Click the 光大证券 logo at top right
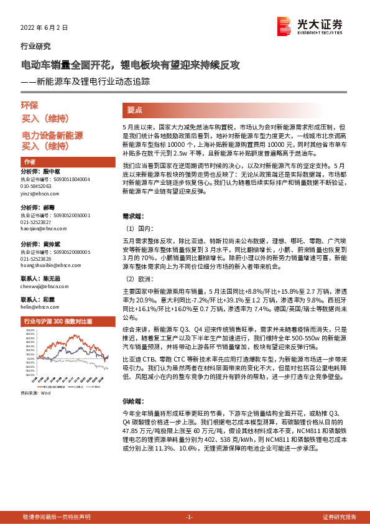[309, 27]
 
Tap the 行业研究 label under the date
[35, 46]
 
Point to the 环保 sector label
[30, 106]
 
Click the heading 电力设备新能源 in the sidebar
[52, 135]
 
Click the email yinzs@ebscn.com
[40, 194]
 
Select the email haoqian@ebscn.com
[43, 228]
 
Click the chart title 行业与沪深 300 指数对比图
[57, 321]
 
